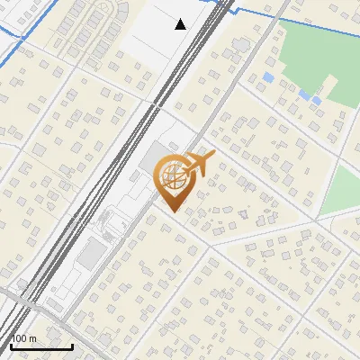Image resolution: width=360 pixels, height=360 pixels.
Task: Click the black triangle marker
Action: [x=181, y=24]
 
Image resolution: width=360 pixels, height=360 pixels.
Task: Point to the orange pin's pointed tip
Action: [x=171, y=212]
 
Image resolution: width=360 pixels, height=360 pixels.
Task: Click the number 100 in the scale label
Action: [x=19, y=338]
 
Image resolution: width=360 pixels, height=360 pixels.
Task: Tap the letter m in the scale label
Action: [x=33, y=338]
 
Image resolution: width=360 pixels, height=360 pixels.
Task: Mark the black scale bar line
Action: [x=40, y=346]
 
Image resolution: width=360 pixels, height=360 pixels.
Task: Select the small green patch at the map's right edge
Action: [x=342, y=189]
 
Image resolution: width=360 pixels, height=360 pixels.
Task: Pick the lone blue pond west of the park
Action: [x=268, y=78]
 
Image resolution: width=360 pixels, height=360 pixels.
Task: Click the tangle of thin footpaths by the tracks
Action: [x=112, y=220]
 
